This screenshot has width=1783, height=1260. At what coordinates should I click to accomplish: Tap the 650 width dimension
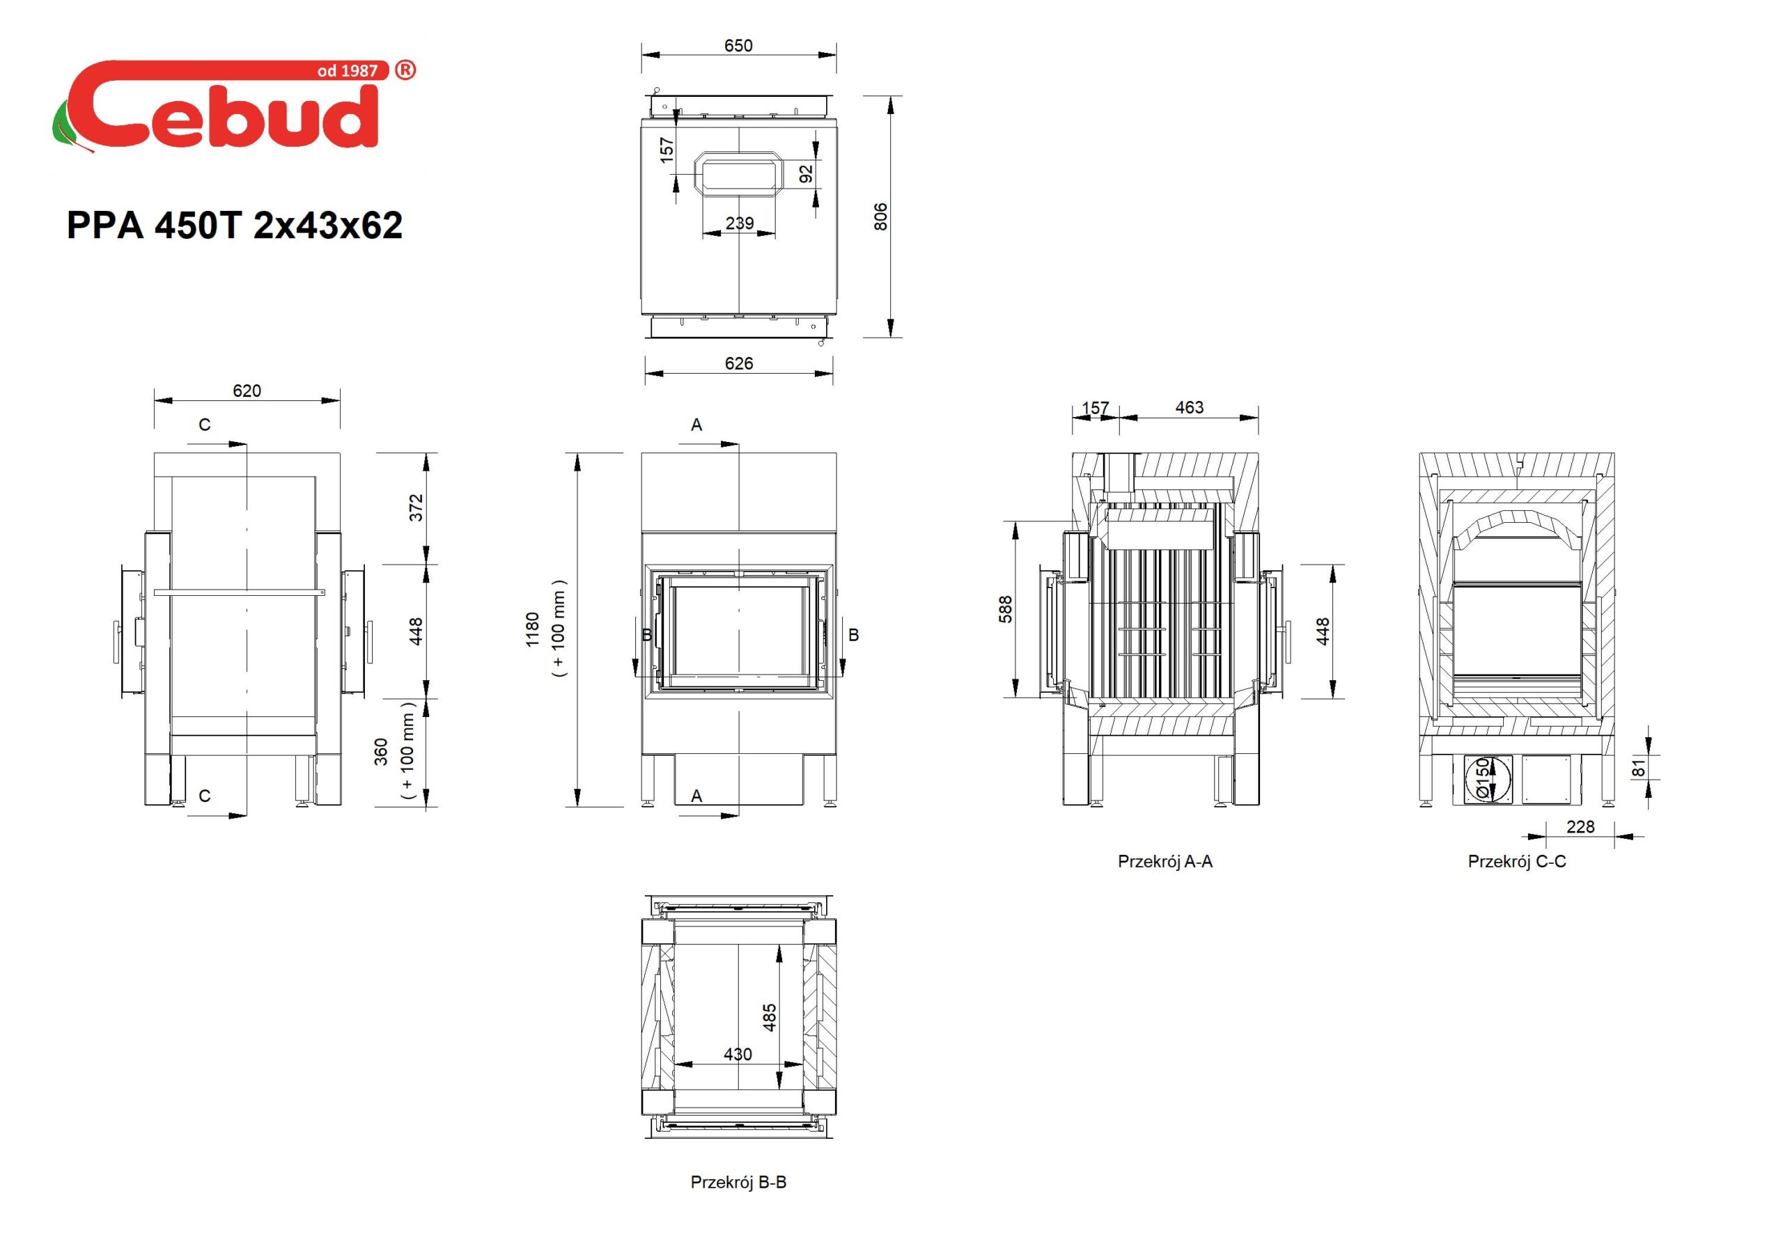(x=738, y=46)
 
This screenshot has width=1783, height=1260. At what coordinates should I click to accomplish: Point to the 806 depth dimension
(x=880, y=216)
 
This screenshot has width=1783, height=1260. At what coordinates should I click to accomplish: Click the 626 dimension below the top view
(x=738, y=363)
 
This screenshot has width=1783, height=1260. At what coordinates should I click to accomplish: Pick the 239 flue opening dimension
(x=739, y=223)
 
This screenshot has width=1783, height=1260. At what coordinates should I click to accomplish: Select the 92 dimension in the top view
(x=806, y=174)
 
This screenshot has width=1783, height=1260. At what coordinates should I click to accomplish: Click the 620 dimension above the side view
(x=247, y=391)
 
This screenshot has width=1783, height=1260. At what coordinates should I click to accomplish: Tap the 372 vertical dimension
(x=416, y=507)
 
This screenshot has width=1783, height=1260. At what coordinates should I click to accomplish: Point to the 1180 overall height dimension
(x=532, y=629)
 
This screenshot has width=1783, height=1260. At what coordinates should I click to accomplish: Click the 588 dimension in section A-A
(x=1006, y=609)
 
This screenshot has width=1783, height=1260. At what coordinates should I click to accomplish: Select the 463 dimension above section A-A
(x=1189, y=407)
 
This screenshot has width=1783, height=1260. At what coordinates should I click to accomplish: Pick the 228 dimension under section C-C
(x=1580, y=827)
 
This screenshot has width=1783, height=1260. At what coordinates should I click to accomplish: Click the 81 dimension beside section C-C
(x=1639, y=768)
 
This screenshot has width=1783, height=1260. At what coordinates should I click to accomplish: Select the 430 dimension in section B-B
(x=738, y=1054)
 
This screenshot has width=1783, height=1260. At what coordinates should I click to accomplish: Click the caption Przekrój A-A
(x=1165, y=862)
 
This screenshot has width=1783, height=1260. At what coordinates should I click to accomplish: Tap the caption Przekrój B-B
(x=738, y=1182)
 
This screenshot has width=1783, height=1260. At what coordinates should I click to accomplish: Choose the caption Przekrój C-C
(x=1517, y=862)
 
